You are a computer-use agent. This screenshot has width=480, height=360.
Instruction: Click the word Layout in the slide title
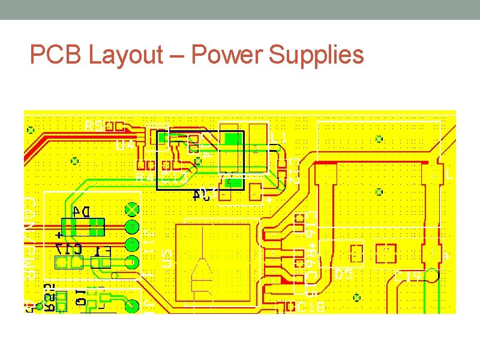pyautogui.click(x=125, y=56)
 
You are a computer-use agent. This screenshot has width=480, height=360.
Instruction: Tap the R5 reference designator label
pyautogui.click(x=94, y=125)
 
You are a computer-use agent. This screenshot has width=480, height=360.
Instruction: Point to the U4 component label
pyautogui.click(x=125, y=145)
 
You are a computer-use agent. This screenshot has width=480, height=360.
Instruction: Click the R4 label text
pyautogui.click(x=143, y=178)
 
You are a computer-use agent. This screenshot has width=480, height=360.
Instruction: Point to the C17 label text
pyautogui.click(x=68, y=248)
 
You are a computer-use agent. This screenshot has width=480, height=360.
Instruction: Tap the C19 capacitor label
pyautogui.click(x=409, y=277)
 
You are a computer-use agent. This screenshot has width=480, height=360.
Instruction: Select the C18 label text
pyautogui.click(x=311, y=307)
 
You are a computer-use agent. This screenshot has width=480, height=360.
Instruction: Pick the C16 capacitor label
pyautogui.click(x=311, y=223)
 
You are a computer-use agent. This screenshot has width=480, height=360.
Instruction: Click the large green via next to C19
pyautogui.click(x=431, y=277)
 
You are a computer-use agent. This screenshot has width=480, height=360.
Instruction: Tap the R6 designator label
pyautogui.click(x=311, y=253)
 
